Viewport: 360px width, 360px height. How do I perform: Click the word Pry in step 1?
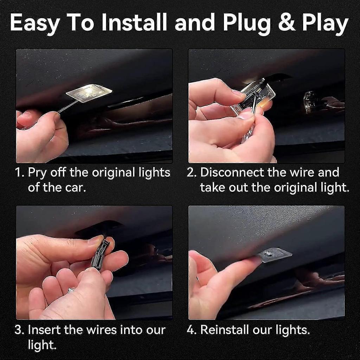[x=37, y=173]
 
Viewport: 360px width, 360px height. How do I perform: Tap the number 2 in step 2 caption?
[x=191, y=173]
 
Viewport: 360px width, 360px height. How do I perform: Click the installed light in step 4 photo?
[x=274, y=254]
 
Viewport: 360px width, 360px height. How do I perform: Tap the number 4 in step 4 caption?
[x=191, y=330]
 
